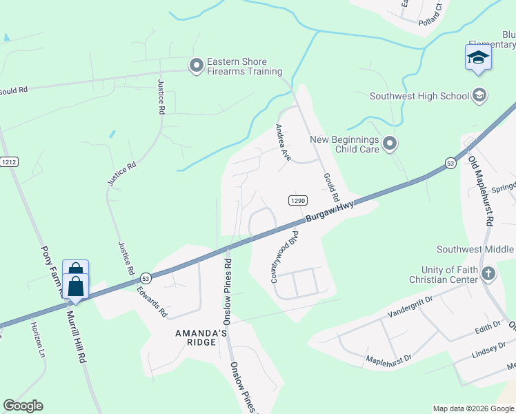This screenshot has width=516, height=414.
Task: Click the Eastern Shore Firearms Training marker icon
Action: coord(197,66)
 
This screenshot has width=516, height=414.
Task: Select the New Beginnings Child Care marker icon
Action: coord(390,144)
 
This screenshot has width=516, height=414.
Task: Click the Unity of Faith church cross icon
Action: coord(488,274)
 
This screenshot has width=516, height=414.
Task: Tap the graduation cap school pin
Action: coord(478,58)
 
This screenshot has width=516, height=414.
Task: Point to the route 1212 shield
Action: coord(9,162)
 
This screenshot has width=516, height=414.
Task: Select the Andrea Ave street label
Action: coord(283,143)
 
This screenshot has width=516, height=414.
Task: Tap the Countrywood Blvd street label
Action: coord(287,257)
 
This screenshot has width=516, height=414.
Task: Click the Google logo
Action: coord(23,406)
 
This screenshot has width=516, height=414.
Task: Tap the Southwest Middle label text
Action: coord(475,249)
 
